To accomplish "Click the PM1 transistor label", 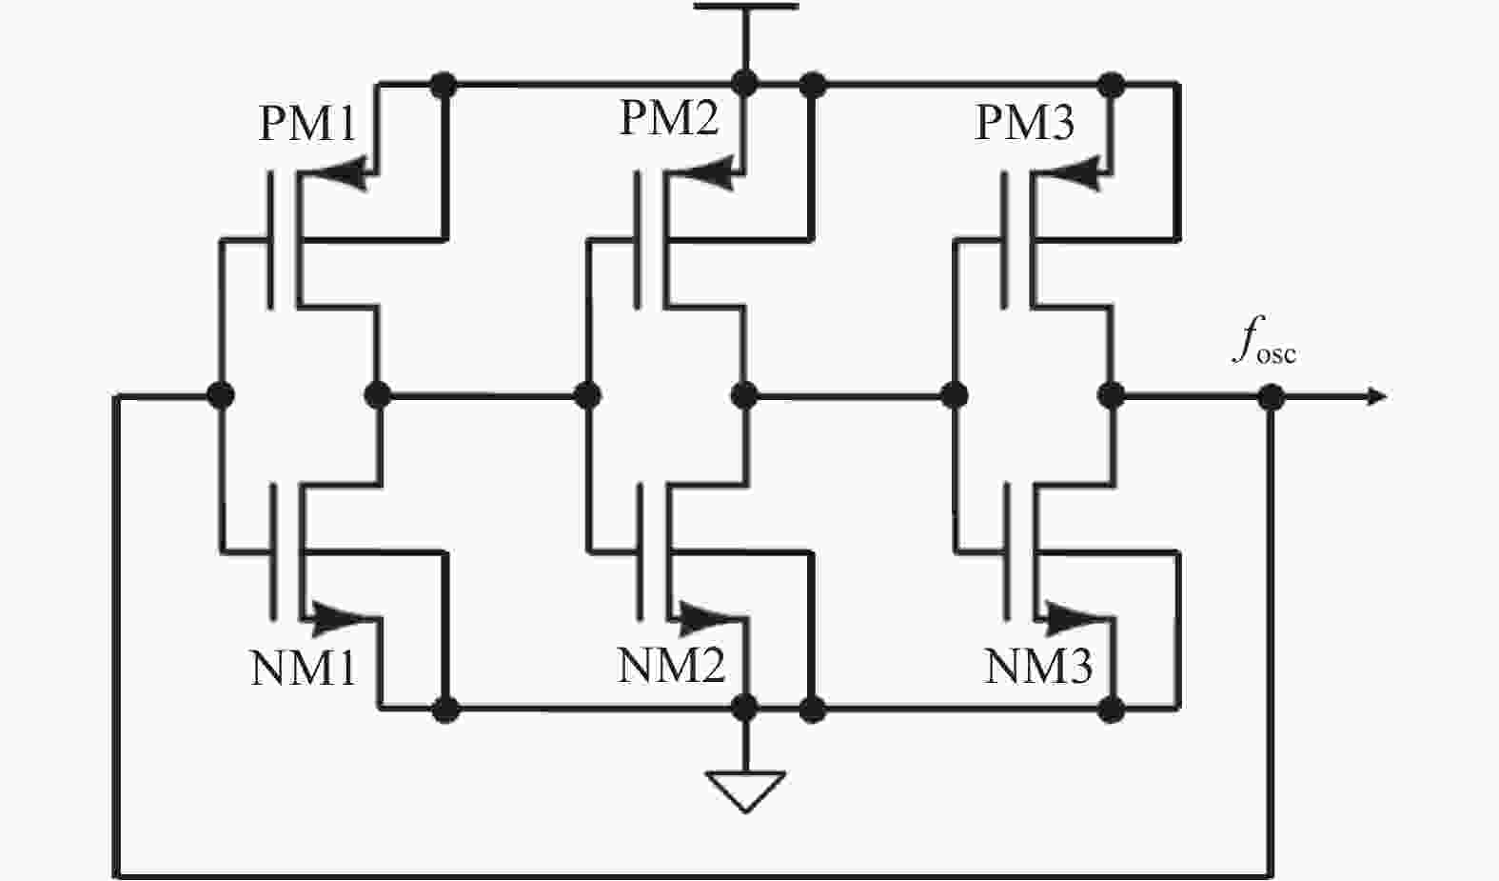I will pos(307,124).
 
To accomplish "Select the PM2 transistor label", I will pos(669,118).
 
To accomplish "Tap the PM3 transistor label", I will pos(1024,123).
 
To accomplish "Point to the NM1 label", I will pos(303,668).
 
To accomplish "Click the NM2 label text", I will pos(671,665).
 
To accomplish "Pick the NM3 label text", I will pos(1038,666).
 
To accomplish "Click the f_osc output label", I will pos(1263,343).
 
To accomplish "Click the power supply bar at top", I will pos(745,7).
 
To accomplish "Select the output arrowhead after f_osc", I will pos(1376,395).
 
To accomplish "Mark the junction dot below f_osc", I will pos(1271,395).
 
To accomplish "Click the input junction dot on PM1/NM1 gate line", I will pos(221,394).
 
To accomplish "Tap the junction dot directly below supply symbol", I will pos(745,84).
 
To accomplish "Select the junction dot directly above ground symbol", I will pos(745,708).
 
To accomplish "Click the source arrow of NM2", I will pos(709,617).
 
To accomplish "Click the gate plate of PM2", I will pos(638,239).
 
